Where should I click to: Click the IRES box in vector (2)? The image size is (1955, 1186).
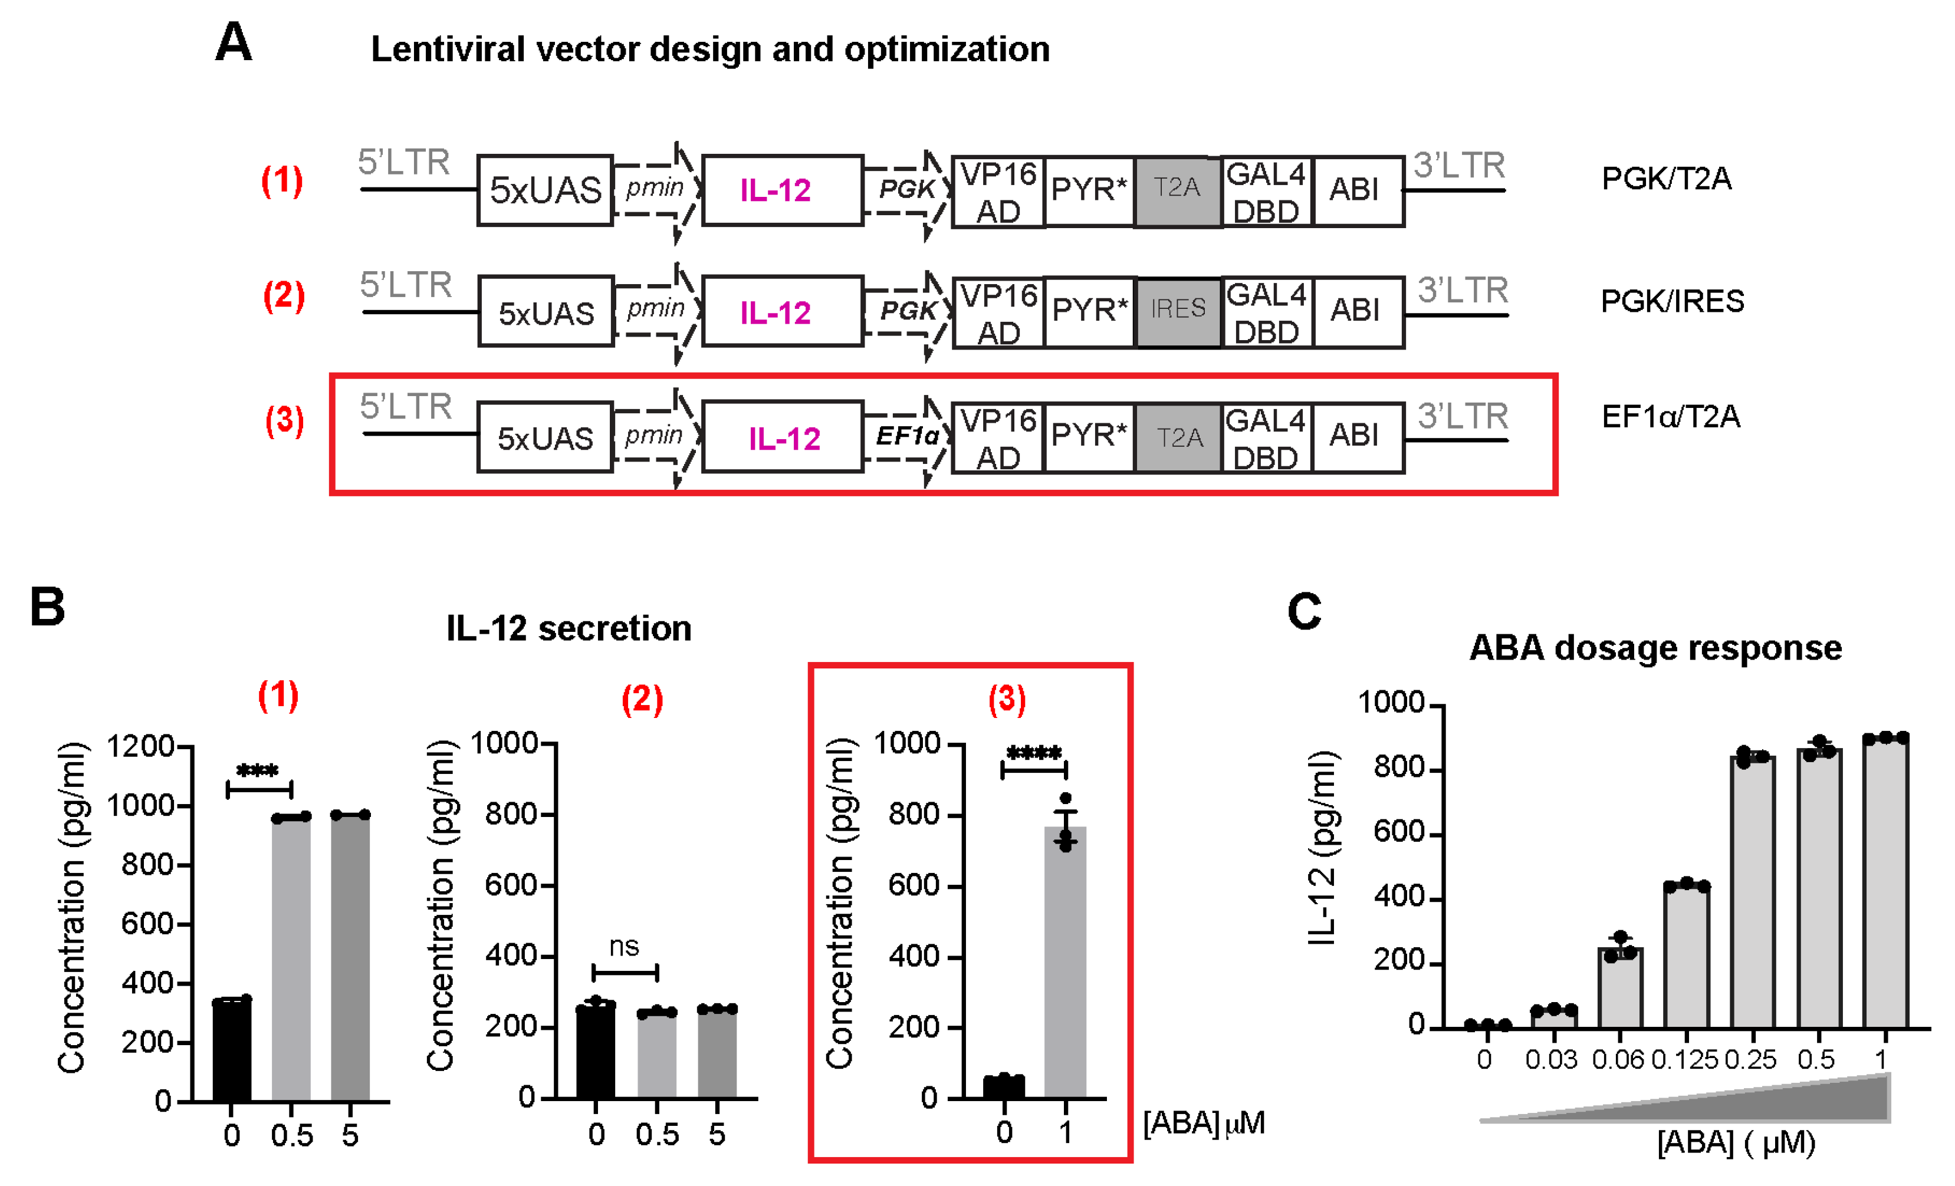pos(1178,312)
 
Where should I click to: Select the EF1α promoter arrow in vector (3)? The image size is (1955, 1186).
pos(908,436)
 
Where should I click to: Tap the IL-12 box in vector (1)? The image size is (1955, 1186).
pos(781,190)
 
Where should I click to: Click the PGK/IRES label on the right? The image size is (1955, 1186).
pos(1672,301)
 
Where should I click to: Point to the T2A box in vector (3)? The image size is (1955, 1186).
pos(1178,438)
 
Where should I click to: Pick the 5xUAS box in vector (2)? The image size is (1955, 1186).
pos(546,312)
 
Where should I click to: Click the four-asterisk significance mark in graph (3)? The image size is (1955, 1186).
pos(1034,753)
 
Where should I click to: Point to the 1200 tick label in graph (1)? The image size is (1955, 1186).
pos(140,746)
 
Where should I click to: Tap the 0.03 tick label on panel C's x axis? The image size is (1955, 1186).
pos(1551,1059)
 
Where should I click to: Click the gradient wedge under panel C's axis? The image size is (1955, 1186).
pos(1746,1103)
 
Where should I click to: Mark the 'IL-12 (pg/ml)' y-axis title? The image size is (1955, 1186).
pos(1323,847)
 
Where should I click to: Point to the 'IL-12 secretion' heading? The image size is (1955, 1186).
pos(569,628)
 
